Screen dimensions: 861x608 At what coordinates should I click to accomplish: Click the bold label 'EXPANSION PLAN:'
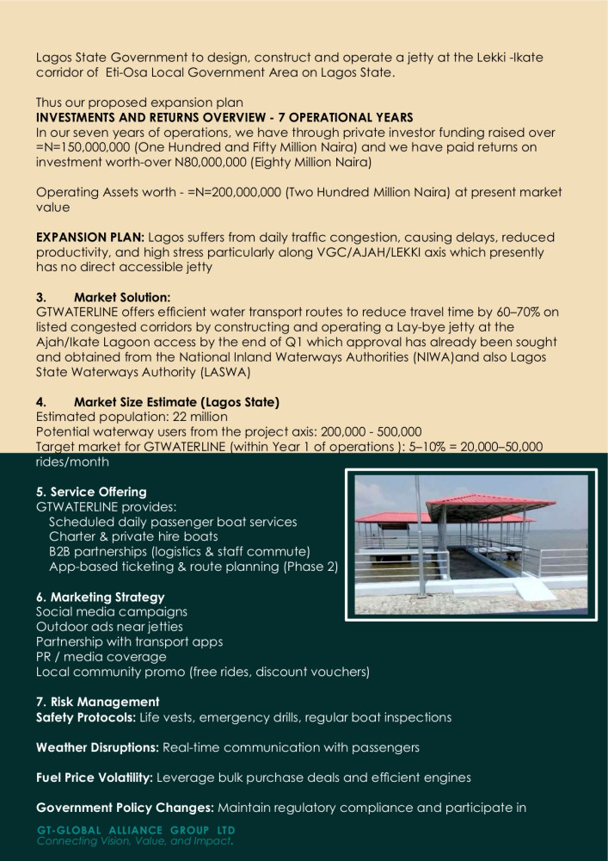point(90,237)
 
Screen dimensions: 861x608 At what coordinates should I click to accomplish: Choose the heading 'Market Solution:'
point(122,297)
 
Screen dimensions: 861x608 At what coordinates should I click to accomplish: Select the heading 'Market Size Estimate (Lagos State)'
point(176,402)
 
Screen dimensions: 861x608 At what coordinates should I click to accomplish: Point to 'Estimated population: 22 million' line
point(132,417)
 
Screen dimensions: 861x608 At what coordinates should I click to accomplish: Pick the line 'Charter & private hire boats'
point(133,536)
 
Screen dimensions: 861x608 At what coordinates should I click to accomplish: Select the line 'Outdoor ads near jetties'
point(109,627)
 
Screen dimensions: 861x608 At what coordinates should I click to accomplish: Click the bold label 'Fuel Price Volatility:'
point(95,777)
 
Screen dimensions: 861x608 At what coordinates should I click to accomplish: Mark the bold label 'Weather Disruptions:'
point(97,747)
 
